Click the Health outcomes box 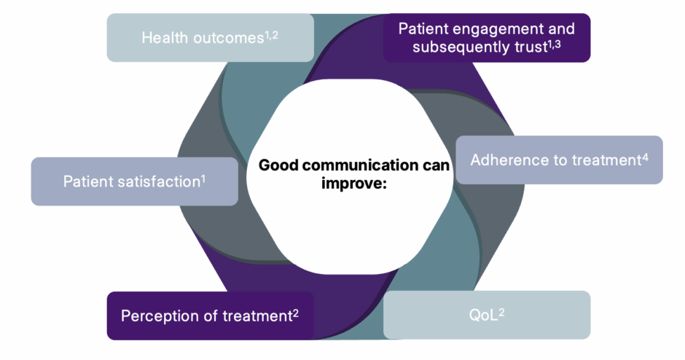point(211,38)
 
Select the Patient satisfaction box point(134,181)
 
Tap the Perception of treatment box point(210,316)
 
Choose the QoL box point(486,315)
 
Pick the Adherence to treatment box point(559,160)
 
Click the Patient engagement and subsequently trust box point(487,38)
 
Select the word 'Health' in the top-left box point(164,38)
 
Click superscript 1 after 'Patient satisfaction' point(203,177)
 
